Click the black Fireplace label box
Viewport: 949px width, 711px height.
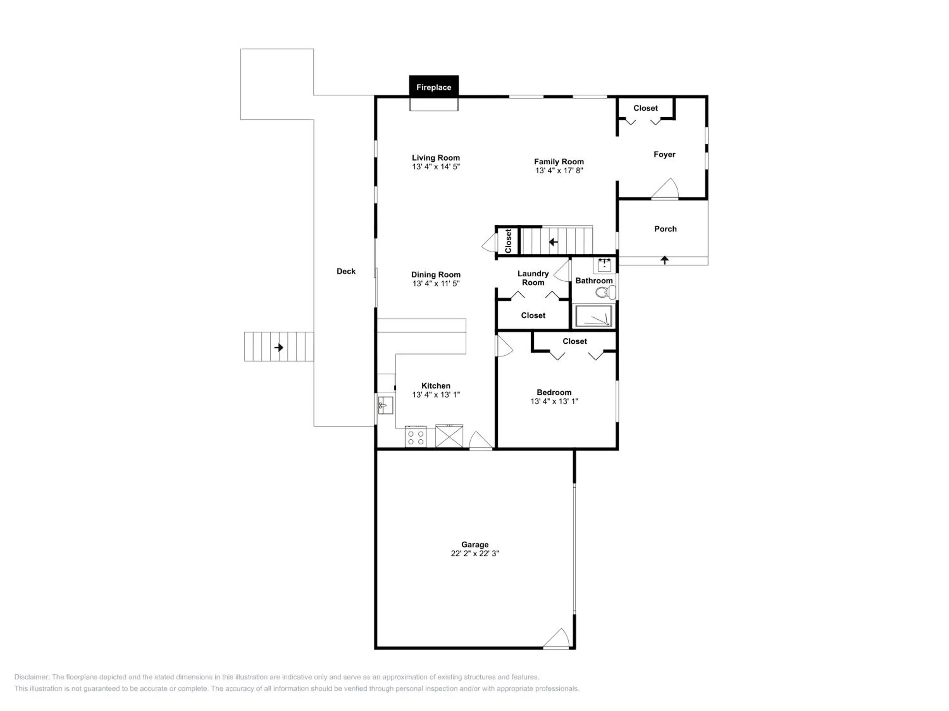coord(434,87)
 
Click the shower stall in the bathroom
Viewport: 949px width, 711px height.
coord(593,316)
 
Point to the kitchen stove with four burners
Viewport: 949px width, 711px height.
coord(415,437)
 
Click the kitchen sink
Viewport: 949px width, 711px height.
coord(385,405)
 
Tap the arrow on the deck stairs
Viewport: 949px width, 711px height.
coord(279,347)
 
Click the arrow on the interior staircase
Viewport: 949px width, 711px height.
coord(554,242)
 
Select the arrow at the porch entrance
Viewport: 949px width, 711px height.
coord(665,260)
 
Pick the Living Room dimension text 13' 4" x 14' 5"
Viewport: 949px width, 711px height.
coord(436,167)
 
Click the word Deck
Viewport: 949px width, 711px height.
coord(346,271)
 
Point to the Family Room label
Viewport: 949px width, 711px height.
coord(559,161)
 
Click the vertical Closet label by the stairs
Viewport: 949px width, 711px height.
coord(508,241)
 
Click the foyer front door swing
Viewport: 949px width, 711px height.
coord(665,189)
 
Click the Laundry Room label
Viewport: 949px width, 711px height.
coord(533,278)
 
